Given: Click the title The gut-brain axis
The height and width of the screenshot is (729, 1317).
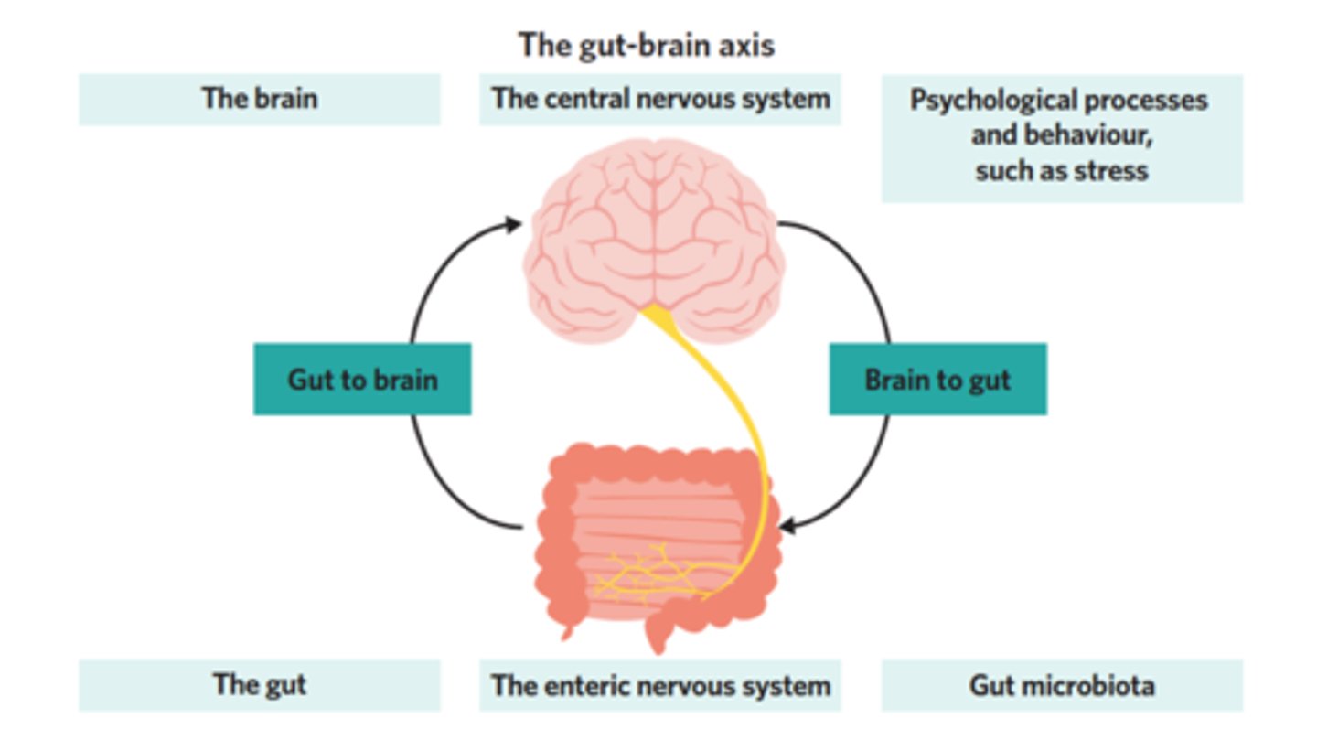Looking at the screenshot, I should (x=646, y=44).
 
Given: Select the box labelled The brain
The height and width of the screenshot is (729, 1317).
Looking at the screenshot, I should (x=259, y=99).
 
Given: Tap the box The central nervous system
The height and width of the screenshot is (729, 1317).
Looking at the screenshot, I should (x=659, y=99).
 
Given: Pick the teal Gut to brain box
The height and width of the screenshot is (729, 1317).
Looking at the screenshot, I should (x=362, y=379).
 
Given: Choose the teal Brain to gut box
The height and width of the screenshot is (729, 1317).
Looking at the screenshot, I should (x=937, y=379).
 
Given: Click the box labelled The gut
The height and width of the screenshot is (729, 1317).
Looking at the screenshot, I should (x=259, y=684).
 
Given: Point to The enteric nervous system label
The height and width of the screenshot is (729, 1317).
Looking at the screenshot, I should (x=659, y=684).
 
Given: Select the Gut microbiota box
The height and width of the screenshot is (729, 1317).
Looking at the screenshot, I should (x=1061, y=684).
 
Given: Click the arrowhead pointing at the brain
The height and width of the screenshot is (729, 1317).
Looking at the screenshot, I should (x=513, y=222).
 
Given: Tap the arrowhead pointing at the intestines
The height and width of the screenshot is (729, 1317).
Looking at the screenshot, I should (x=787, y=527).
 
